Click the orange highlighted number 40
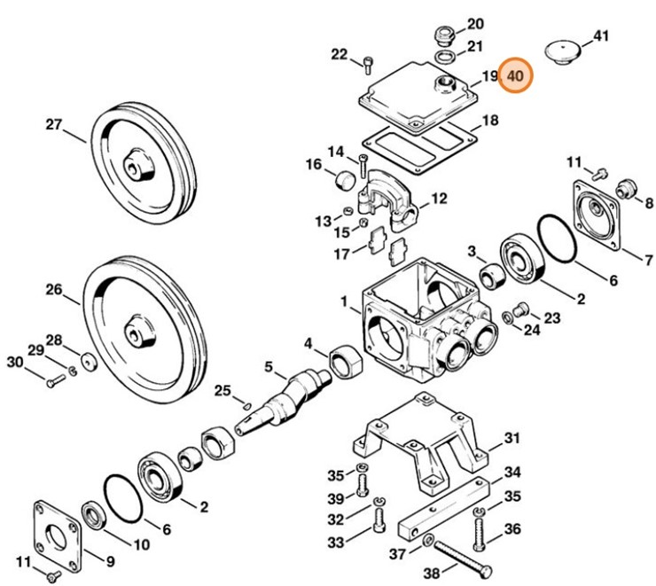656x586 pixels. (x=515, y=75)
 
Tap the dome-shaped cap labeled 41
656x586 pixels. (x=563, y=51)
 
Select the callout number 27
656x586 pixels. (x=54, y=124)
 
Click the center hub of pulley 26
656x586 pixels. (x=139, y=331)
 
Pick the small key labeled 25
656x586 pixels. (x=246, y=405)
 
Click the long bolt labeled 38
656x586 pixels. (x=463, y=559)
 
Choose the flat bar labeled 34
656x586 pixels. (x=443, y=509)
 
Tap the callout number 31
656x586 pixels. (x=512, y=438)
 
